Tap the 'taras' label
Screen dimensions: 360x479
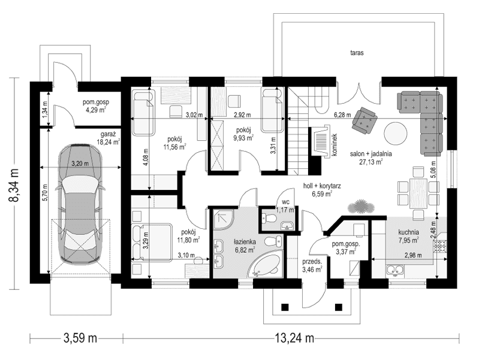point(358,53)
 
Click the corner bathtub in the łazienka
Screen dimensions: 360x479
point(267,264)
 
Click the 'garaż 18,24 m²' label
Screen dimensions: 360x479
point(108,138)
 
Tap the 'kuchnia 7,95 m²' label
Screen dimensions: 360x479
point(407,235)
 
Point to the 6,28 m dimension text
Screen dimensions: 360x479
point(342,114)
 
